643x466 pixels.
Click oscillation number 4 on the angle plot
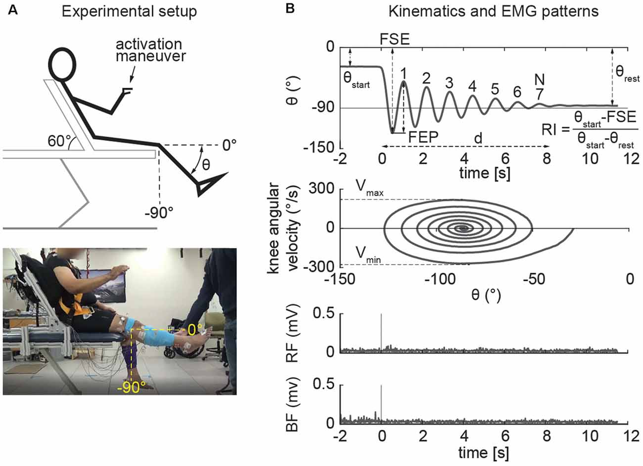472,86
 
